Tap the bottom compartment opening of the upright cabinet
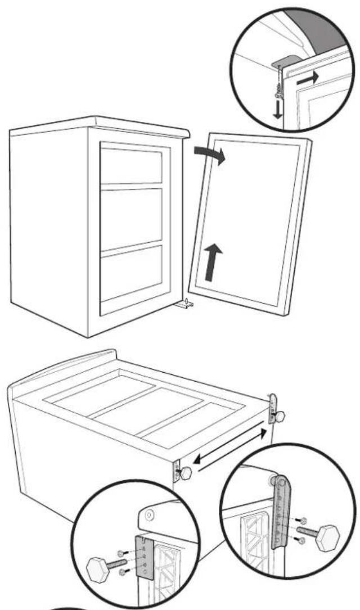click(x=132, y=275)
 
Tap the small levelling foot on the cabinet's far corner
click(x=278, y=417)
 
